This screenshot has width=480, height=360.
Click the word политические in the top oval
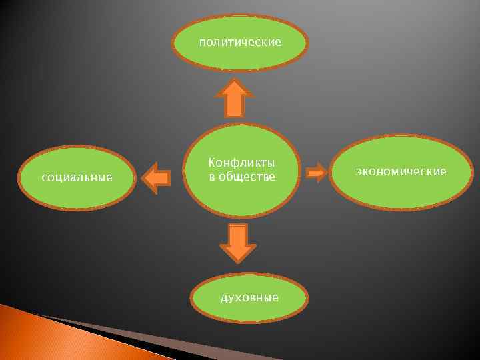240,43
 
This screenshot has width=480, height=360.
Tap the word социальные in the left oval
77,178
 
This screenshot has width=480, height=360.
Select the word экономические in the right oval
401,171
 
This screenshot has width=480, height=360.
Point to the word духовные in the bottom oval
250,297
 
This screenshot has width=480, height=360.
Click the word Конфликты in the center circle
242,163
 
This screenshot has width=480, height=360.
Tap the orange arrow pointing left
157,178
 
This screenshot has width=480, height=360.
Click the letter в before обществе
212,177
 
